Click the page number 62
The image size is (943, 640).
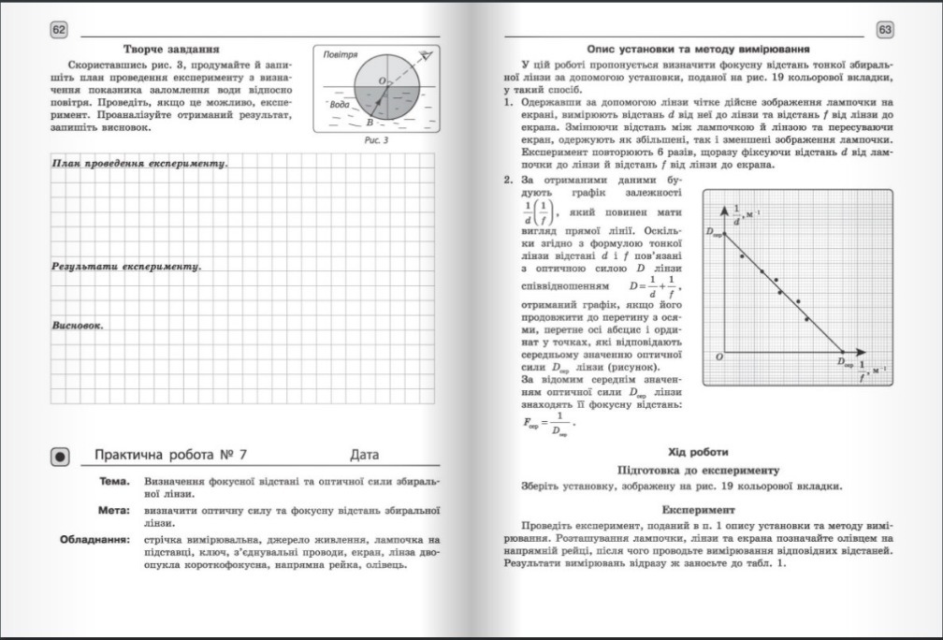coord(59,31)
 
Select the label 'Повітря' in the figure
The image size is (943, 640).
coord(340,56)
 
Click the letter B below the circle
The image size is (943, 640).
coord(370,123)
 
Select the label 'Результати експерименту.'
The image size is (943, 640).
coord(126,267)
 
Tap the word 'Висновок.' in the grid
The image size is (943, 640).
coord(77,327)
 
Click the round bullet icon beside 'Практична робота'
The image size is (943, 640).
coord(61,457)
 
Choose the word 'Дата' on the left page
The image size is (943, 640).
coord(365,456)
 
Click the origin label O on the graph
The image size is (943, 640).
coord(718,356)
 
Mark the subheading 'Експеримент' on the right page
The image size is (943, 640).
coord(698,511)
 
